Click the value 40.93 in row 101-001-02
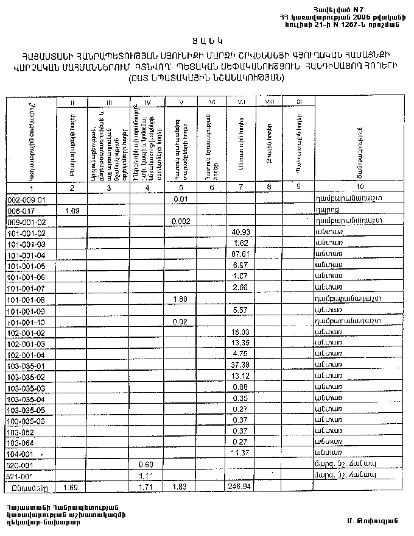pos(241,233)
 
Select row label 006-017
pos(18,210)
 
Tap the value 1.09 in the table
pos(72,210)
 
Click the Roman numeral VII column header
pos(241,102)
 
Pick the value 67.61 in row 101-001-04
pos(241,255)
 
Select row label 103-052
pos(20,431)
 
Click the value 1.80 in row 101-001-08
pos(180,299)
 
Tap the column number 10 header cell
pos(361,187)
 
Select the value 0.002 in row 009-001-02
pos(180,222)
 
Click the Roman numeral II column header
pos(72,102)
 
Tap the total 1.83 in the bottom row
pos(180,488)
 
